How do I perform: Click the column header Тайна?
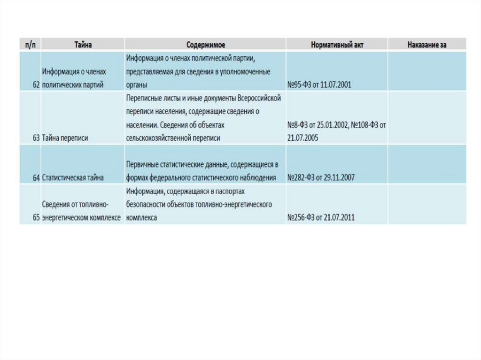point(83,45)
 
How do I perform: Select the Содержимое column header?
point(205,45)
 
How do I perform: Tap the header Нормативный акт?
point(337,45)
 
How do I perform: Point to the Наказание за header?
point(427,45)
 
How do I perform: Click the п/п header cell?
point(30,45)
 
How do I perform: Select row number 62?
point(36,85)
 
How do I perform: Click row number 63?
point(36,138)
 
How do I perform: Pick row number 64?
point(36,178)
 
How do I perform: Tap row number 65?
point(36,218)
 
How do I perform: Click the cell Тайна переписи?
point(65,138)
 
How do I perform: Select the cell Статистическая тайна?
point(73,178)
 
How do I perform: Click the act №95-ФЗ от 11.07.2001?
point(319,85)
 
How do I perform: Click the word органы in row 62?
point(137,85)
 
